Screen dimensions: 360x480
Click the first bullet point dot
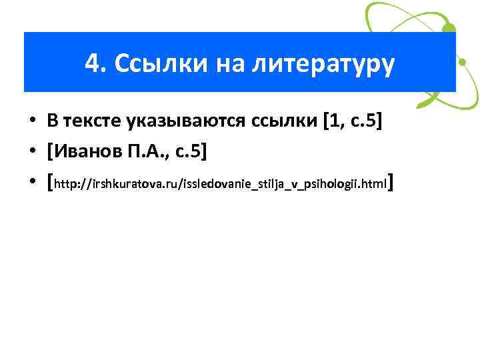(31, 122)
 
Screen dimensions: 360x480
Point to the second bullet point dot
(31, 153)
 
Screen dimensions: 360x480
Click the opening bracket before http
(50, 183)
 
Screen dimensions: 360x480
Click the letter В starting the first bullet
(51, 122)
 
